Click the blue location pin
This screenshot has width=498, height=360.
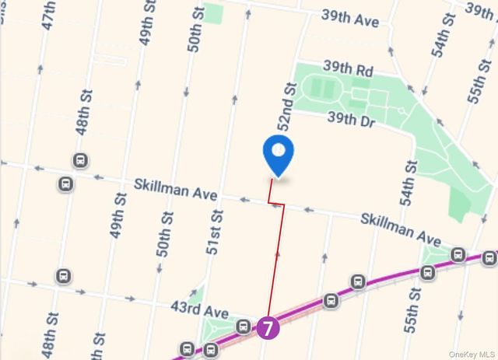point(278,154)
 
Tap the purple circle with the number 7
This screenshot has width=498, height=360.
point(267,328)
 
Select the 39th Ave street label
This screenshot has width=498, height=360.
point(352,19)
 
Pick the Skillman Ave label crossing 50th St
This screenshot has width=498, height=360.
point(175,190)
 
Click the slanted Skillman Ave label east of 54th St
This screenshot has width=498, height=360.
point(400,227)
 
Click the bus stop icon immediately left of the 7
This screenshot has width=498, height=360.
point(244,326)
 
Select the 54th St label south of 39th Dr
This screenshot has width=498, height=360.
point(408,183)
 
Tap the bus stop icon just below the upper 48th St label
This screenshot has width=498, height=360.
point(79,161)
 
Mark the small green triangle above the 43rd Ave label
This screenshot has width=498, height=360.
point(196,295)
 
